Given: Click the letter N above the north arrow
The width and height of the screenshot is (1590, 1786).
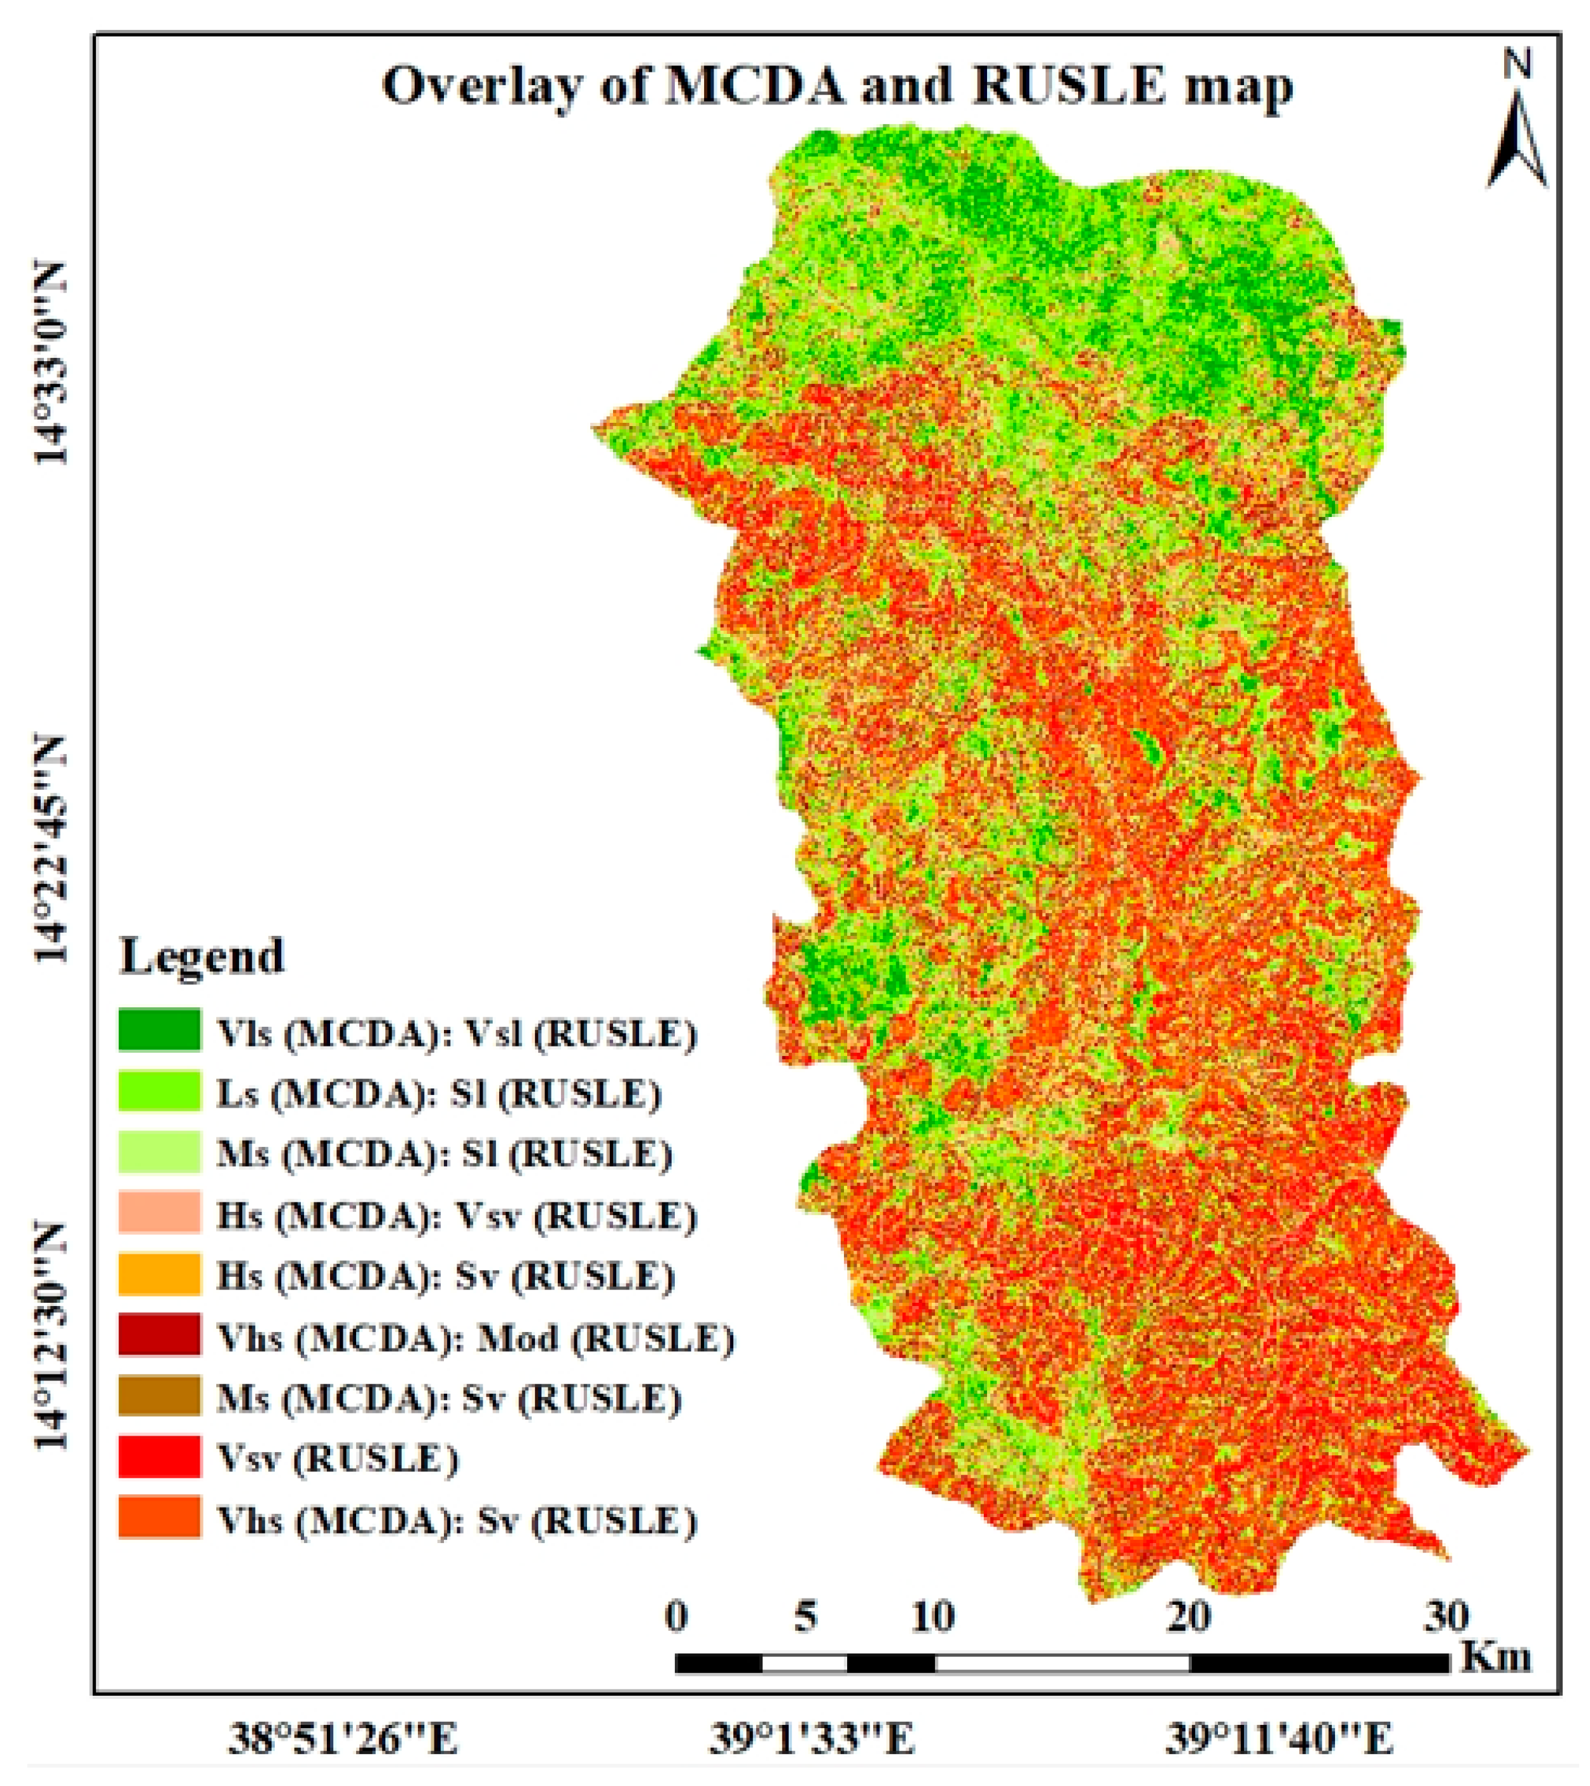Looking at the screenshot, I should (x=1517, y=64).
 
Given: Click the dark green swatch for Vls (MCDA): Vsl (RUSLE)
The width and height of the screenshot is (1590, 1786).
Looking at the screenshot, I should (x=159, y=1029).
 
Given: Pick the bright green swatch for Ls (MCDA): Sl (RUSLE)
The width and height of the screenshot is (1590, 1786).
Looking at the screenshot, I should (x=159, y=1090).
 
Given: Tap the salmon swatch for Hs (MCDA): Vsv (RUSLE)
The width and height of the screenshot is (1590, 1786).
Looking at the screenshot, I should (x=159, y=1212).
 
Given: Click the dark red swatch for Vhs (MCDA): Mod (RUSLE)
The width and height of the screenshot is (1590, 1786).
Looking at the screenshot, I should (x=159, y=1335).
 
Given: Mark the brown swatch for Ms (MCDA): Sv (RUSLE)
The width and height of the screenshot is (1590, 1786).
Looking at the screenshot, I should (x=159, y=1396).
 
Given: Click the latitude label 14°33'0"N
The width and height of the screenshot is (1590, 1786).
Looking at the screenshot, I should (x=51, y=362).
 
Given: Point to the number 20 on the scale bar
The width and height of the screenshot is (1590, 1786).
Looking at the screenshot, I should (x=1189, y=1616).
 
